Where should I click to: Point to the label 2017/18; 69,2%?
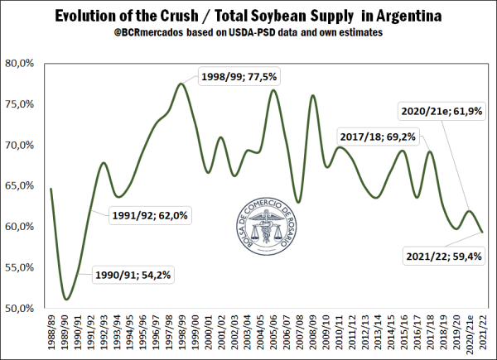(x=377, y=134)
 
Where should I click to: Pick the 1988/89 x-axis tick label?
(x=51, y=334)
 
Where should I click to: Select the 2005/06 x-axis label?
(x=273, y=334)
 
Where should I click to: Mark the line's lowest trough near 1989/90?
(x=67, y=299)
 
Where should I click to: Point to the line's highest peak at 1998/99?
(x=181, y=84)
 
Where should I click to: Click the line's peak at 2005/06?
(x=273, y=89)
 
